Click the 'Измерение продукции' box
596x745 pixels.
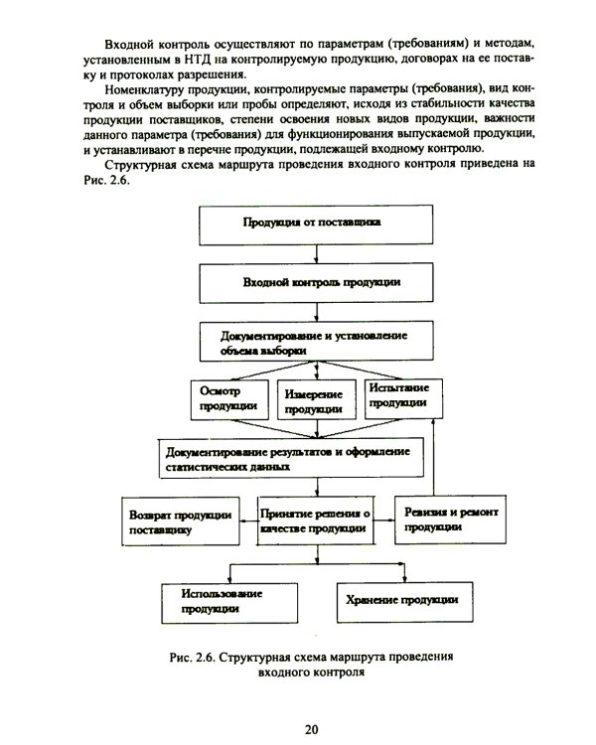coord(315,400)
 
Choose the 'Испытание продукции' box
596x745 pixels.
coord(399,396)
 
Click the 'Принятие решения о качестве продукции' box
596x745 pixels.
coord(315,521)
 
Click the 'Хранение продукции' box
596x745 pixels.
coord(401,600)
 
